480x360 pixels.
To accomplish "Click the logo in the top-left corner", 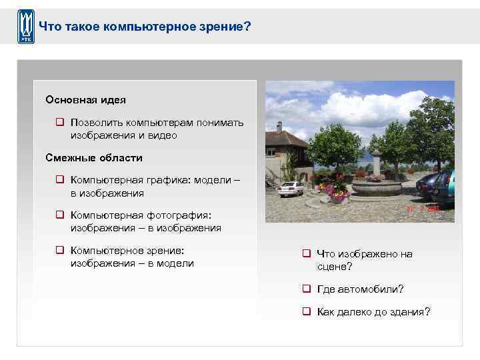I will pyautogui.click(x=26, y=27).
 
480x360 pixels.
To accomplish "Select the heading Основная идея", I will pyautogui.click(x=85, y=99).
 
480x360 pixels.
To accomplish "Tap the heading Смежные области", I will pyautogui.click(x=93, y=158).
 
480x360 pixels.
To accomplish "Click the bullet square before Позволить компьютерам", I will pyautogui.click(x=59, y=123).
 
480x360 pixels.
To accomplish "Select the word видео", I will pyautogui.click(x=163, y=135).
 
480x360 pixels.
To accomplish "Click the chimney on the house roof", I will pyautogui.click(x=279, y=127).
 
